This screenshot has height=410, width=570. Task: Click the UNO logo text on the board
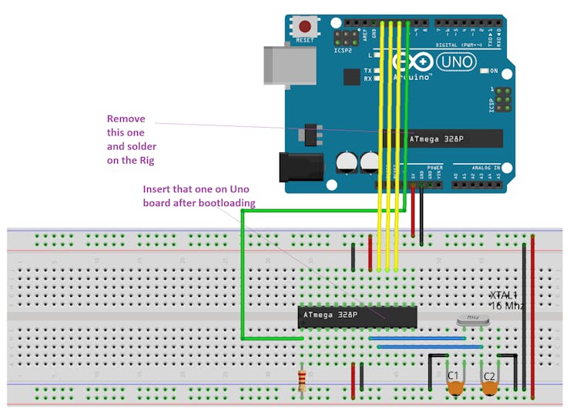coord(456,61)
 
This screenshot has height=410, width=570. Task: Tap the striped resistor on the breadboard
coord(302,378)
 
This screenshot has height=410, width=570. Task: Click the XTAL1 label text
coord(505,295)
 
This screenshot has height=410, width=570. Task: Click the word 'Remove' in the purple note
coord(126,118)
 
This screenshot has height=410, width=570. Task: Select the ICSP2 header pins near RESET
coord(344,38)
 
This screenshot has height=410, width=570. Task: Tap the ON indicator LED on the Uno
coord(483,72)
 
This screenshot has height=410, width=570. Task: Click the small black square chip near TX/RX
coord(352,76)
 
